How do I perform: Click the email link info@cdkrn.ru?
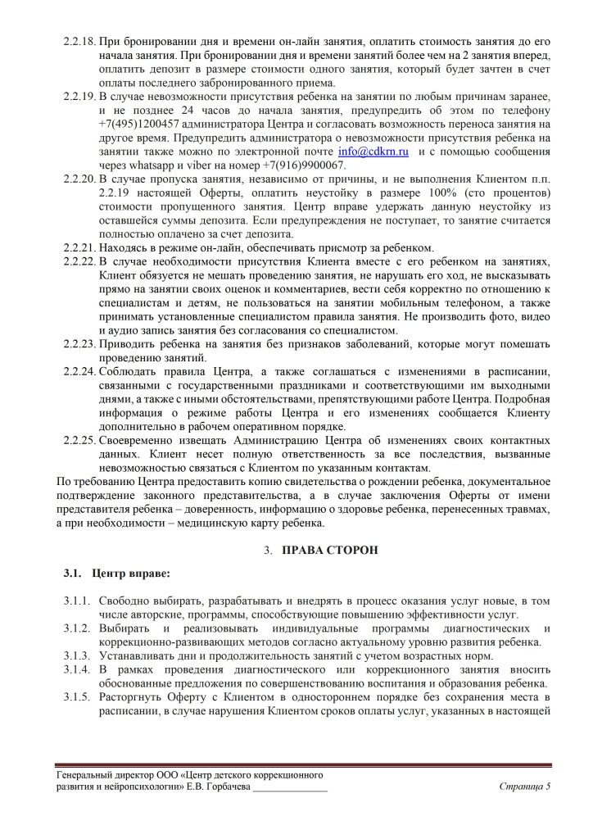pos(374,152)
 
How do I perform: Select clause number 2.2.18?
pos(79,41)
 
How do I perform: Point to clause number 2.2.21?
pos(79,248)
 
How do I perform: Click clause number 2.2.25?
pos(79,440)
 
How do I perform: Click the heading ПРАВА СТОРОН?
pos(331,550)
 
